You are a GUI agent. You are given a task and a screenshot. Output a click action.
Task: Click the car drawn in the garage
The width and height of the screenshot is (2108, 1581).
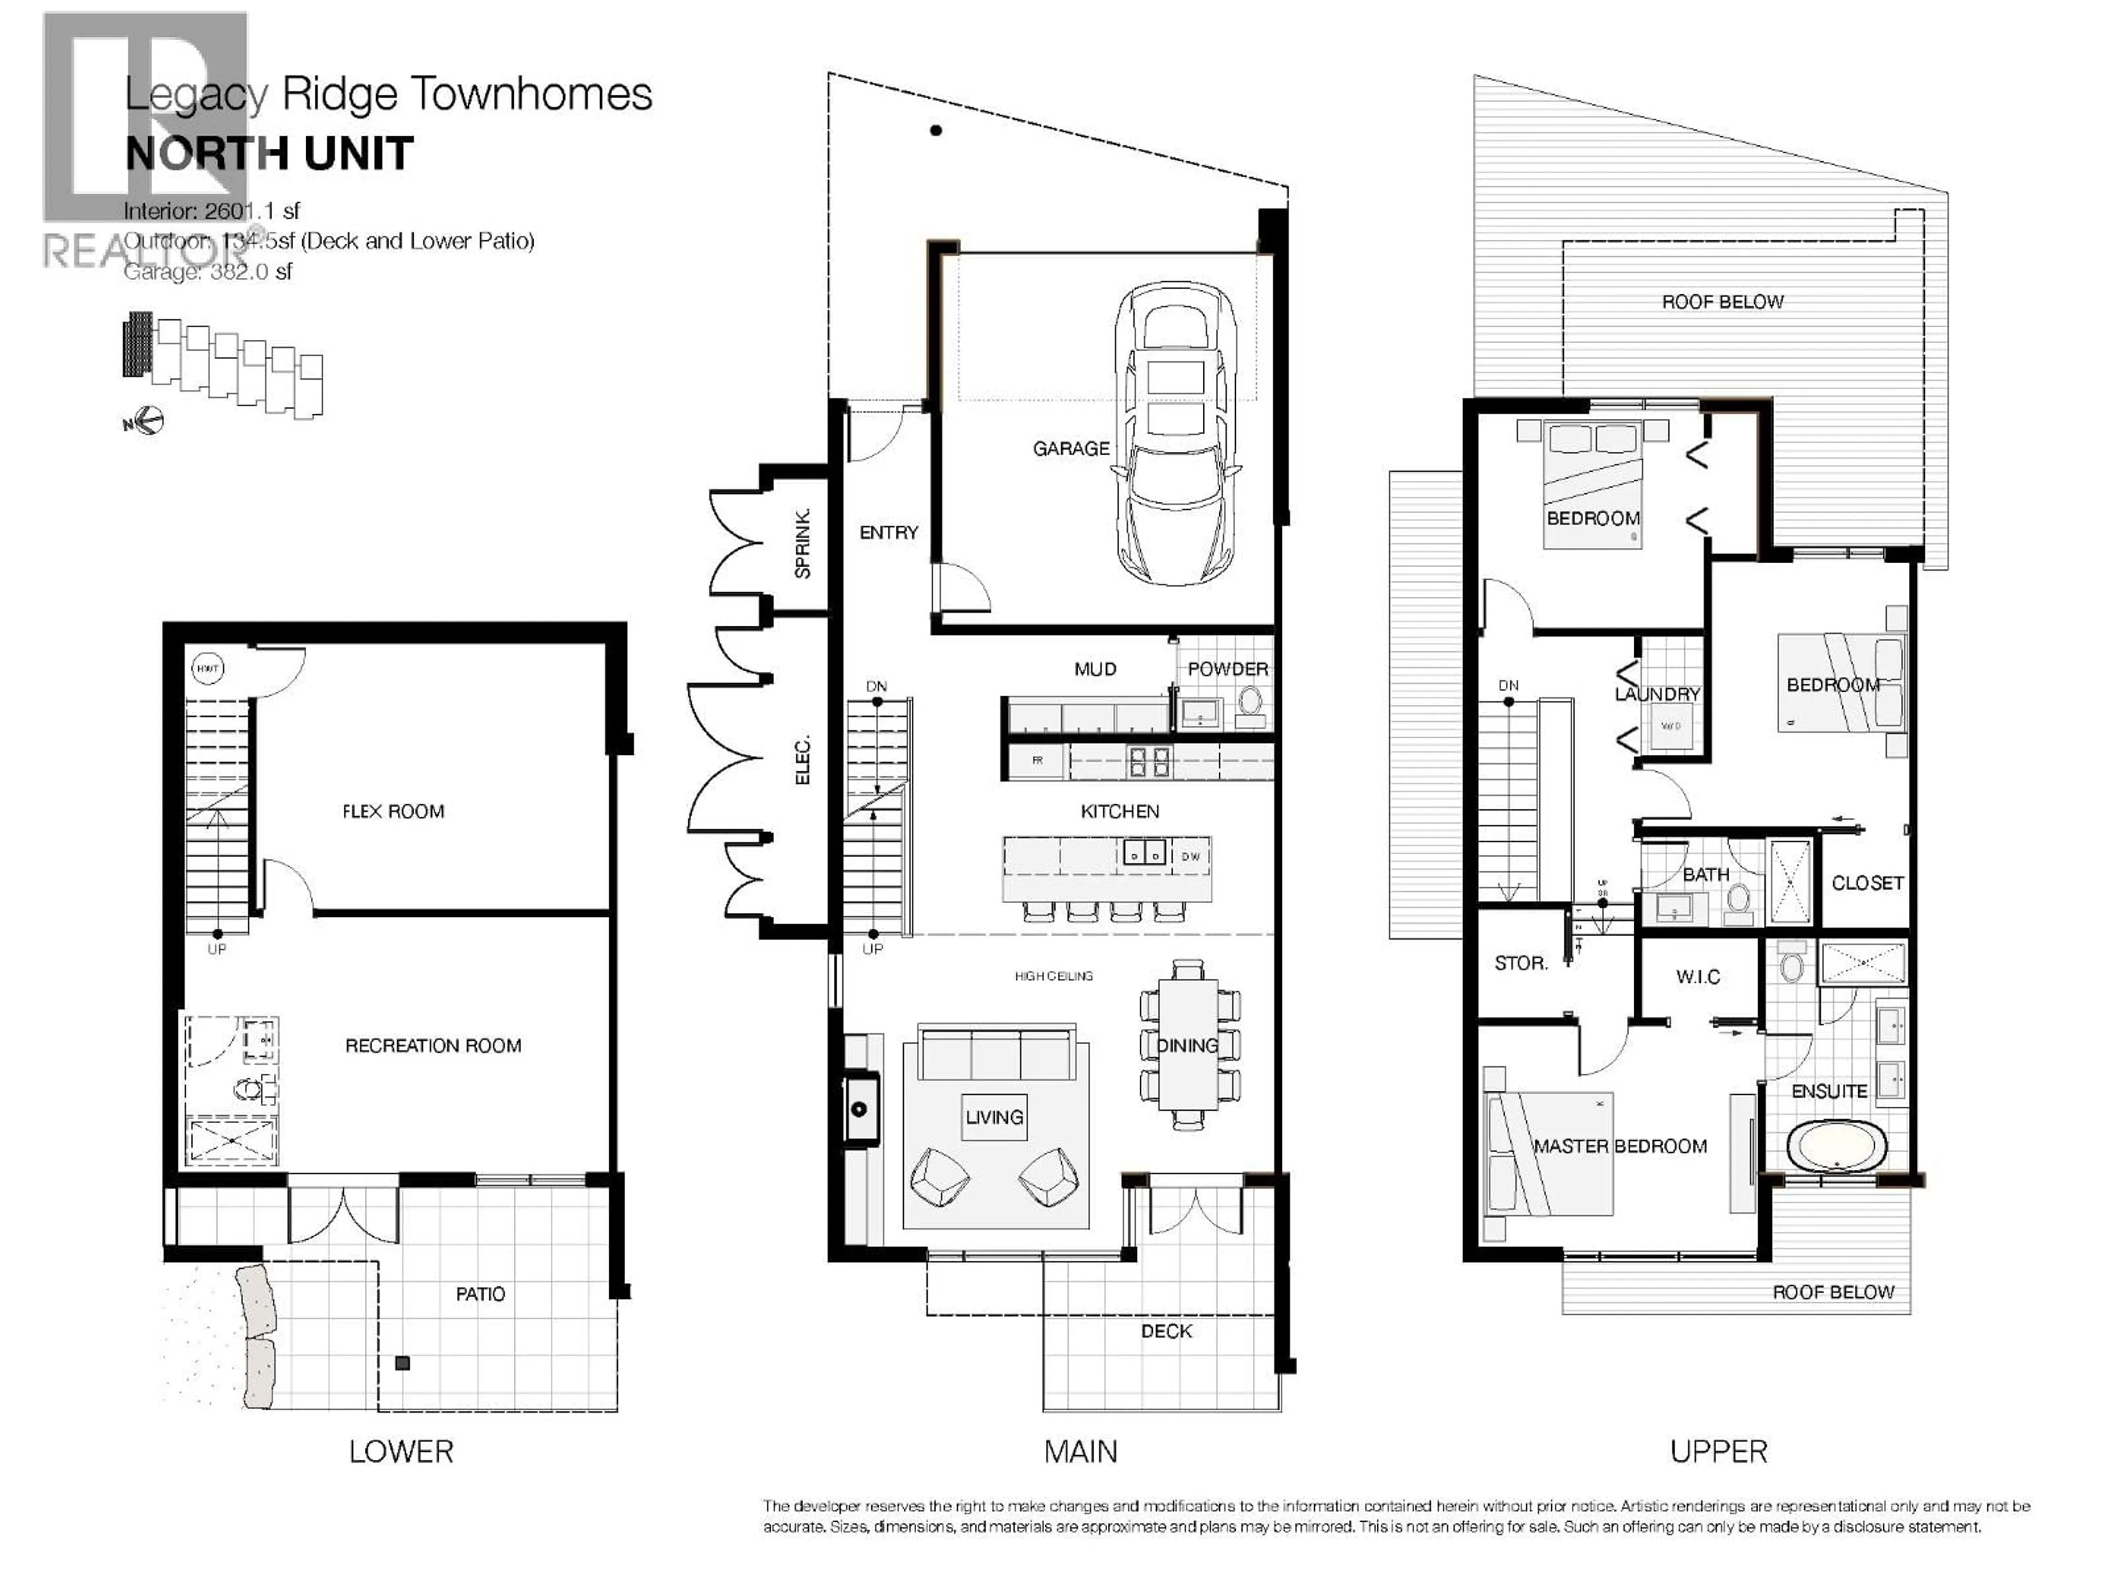[x=1177, y=434]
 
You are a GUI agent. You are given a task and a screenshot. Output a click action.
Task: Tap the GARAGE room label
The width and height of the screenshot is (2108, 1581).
[x=1070, y=448]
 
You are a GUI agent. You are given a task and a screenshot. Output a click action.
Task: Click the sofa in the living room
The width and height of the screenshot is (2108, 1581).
[x=996, y=1052]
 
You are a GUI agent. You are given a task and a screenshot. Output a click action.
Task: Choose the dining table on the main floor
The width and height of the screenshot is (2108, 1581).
[x=1187, y=1045]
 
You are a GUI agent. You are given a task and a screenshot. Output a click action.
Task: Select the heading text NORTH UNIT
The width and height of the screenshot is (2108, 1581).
[x=270, y=153]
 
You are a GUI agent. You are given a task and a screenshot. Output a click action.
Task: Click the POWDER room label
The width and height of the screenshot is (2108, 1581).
[x=1227, y=669]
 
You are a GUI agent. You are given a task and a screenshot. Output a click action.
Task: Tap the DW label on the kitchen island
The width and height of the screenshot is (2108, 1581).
[x=1190, y=856]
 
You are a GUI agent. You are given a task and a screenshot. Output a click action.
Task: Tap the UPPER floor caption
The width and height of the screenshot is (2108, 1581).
[x=1718, y=1451]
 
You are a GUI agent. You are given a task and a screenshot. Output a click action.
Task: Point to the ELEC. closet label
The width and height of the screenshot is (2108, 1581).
[x=803, y=760]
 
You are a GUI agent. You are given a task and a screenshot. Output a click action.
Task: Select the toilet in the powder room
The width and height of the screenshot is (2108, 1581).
[x=1249, y=702]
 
